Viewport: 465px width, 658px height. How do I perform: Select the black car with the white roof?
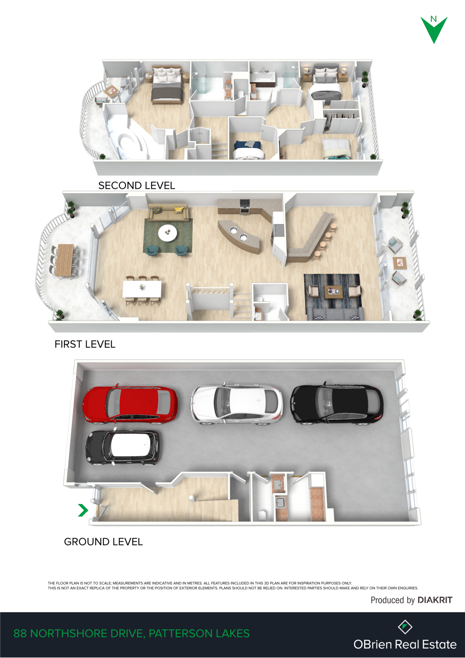pos(123,447)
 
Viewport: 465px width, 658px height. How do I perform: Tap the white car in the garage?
pos(237,404)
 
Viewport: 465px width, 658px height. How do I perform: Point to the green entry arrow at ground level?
pos(83,510)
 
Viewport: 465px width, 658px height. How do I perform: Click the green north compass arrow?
pos(434,30)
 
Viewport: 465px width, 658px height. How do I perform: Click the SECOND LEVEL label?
pos(136,185)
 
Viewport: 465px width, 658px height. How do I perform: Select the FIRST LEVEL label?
pos(85,344)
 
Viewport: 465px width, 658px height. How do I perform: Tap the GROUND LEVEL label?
pos(103,542)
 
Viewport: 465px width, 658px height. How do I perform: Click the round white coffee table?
pos(168,233)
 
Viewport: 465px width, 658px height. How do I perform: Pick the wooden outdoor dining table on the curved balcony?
pos(64,260)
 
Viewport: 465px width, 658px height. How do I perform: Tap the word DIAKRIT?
pos(435,600)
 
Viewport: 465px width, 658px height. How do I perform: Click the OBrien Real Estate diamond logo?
pos(405,626)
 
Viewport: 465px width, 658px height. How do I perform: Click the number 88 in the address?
pos(20,634)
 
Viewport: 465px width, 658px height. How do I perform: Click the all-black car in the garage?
pos(337,404)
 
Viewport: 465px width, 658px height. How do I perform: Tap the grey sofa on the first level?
pos(335,314)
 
